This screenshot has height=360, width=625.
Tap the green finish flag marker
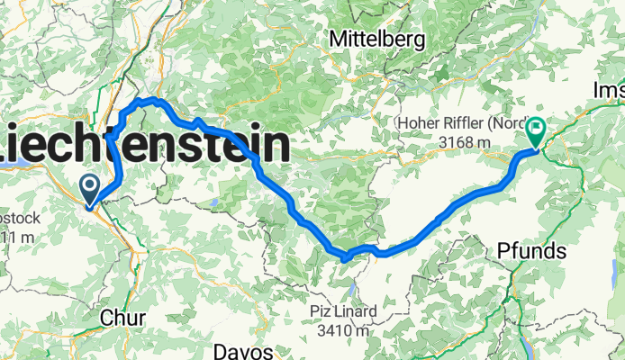pos(535,133)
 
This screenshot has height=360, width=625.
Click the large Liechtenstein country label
pos(144,144)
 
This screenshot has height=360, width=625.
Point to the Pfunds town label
pos(532,251)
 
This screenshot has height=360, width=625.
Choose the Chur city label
pos(119,319)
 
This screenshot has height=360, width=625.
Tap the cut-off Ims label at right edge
pos(610,90)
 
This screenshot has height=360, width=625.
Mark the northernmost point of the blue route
pos(151,100)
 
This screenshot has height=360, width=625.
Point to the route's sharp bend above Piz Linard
pos(345,258)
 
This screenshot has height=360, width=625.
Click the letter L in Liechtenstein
pos(11,144)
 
